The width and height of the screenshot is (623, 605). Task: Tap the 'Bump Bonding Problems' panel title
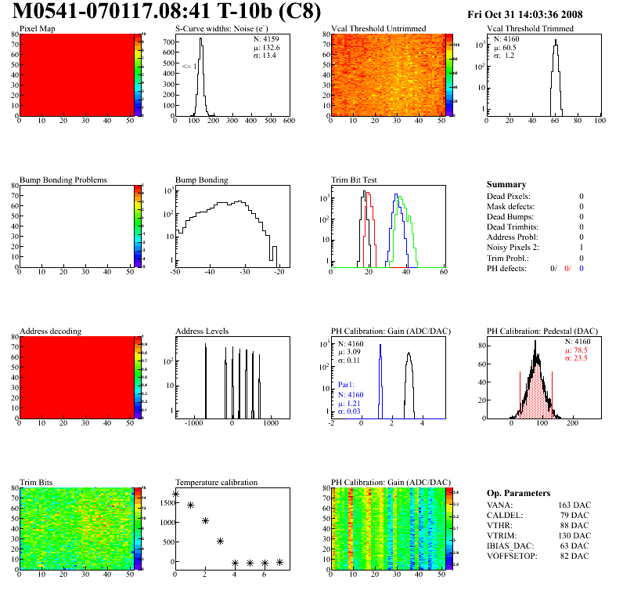click(63, 179)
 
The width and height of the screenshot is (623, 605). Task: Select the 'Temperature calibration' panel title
click(216, 482)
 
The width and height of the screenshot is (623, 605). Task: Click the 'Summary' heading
click(506, 184)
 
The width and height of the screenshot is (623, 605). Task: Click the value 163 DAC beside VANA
click(575, 505)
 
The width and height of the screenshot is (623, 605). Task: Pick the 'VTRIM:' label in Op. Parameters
click(502, 536)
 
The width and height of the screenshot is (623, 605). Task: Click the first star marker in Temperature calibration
click(175, 495)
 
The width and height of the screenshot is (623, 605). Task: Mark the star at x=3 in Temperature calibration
click(221, 541)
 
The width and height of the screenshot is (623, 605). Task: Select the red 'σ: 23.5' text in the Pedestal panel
click(577, 358)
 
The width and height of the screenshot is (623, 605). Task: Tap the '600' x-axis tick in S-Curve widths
click(289, 122)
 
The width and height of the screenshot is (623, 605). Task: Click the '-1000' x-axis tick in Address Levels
click(193, 424)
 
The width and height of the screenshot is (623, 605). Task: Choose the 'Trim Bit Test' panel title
click(355, 179)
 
